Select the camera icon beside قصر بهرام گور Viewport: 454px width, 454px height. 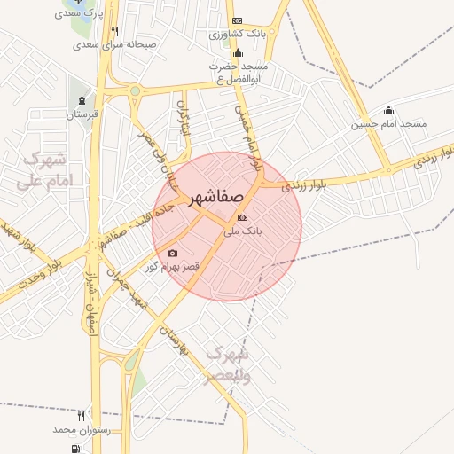pyautogui.click(x=172, y=254)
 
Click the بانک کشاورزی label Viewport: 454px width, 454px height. pyautogui.click(x=237, y=34)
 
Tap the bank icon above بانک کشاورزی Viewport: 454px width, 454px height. pyautogui.click(x=237, y=20)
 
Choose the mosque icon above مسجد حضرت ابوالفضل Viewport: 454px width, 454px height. pyautogui.click(x=238, y=52)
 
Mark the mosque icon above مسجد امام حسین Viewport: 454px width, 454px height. pyautogui.click(x=388, y=111)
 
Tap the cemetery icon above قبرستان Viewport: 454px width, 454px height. pyautogui.click(x=82, y=99)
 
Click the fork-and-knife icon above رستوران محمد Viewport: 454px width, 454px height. pyautogui.click(x=81, y=415)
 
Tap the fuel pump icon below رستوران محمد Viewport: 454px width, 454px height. pyautogui.click(x=72, y=448)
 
